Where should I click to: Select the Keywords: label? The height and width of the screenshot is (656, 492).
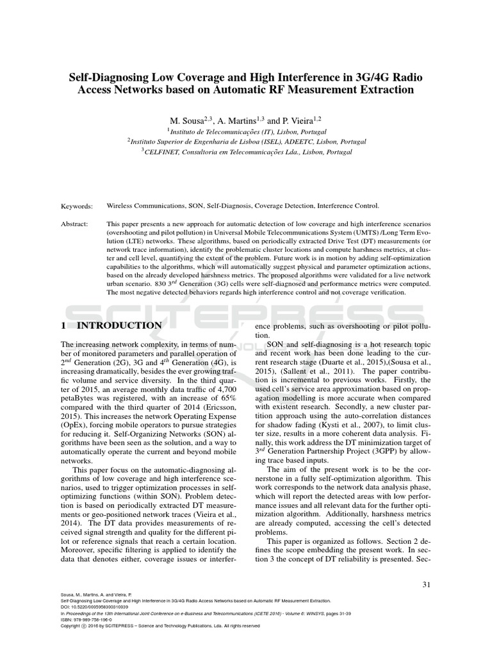click(x=77, y=206)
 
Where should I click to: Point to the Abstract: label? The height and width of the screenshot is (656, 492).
click(x=75, y=225)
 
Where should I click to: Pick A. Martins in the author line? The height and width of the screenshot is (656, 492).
click(x=238, y=120)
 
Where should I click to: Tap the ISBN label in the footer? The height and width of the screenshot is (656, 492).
click(x=65, y=619)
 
